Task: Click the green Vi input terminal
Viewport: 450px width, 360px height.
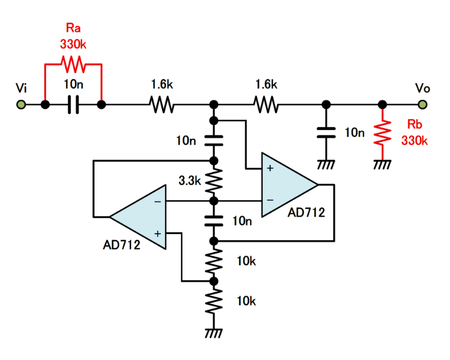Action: tap(21, 105)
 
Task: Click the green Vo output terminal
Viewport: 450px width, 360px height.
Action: tap(422, 105)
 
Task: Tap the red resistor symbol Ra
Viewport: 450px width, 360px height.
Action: tap(73, 65)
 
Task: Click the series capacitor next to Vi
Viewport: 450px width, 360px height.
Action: tap(73, 105)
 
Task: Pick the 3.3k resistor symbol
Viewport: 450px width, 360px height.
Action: tap(214, 181)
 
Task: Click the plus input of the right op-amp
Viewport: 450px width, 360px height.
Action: tap(271, 168)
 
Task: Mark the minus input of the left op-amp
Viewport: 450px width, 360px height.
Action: tap(158, 201)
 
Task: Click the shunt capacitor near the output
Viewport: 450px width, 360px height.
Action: tap(326, 133)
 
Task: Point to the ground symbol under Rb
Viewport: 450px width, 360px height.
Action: tap(382, 165)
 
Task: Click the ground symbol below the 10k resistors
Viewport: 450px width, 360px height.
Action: tap(214, 334)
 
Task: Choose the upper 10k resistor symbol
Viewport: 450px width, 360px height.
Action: tap(214, 260)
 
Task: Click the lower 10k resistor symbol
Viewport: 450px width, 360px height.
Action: tap(214, 301)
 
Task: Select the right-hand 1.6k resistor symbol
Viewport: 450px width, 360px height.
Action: tap(265, 105)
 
